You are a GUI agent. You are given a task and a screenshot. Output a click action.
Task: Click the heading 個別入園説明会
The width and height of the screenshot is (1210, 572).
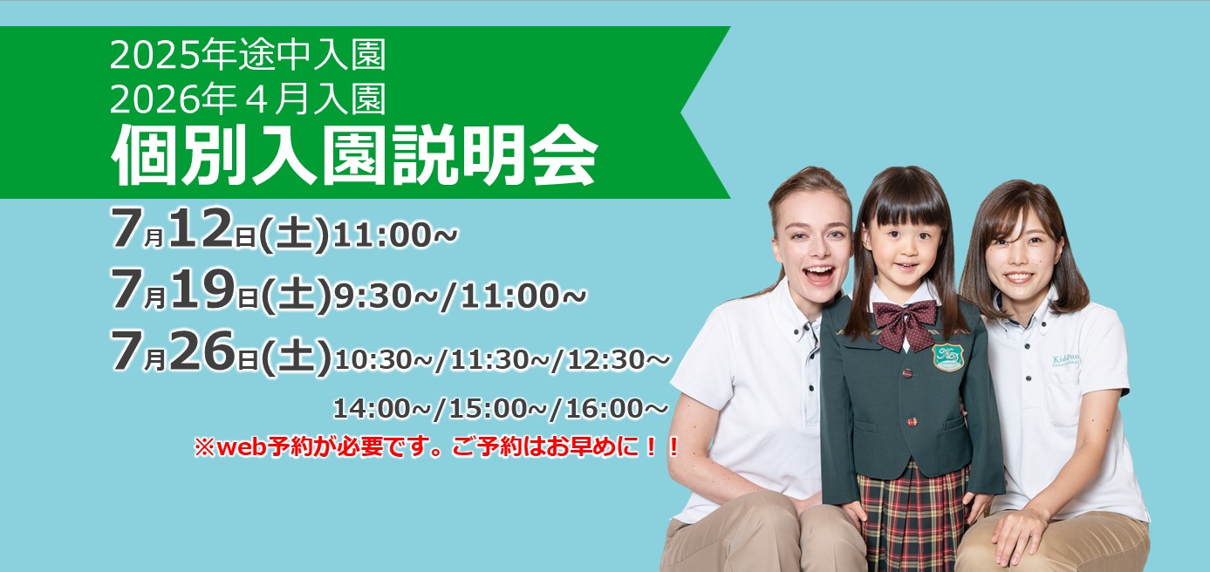click(354, 155)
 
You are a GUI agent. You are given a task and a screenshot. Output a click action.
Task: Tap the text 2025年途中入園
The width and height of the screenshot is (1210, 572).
click(248, 55)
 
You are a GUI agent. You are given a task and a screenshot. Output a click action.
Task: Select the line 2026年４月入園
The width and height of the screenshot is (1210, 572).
click(248, 99)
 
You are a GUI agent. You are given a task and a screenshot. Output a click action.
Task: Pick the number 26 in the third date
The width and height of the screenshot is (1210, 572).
click(202, 351)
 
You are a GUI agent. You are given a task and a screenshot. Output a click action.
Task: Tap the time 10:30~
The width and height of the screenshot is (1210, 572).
click(384, 359)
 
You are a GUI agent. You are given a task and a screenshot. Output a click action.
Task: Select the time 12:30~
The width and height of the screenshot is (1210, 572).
click(618, 359)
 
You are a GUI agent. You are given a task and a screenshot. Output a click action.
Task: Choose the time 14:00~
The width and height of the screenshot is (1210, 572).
click(382, 408)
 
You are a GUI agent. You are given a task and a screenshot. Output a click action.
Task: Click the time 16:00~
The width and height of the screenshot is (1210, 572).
click(617, 408)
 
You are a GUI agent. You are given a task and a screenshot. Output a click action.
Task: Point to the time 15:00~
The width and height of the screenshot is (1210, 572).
click(499, 408)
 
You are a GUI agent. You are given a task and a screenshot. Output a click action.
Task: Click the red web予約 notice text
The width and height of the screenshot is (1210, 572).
click(436, 446)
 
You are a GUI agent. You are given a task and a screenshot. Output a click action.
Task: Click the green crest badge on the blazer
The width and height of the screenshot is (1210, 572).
click(947, 357)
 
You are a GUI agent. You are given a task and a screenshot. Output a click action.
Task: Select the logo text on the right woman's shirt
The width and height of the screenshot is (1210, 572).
click(1066, 361)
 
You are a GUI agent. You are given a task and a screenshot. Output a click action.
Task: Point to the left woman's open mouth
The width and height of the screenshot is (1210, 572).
click(819, 273)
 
